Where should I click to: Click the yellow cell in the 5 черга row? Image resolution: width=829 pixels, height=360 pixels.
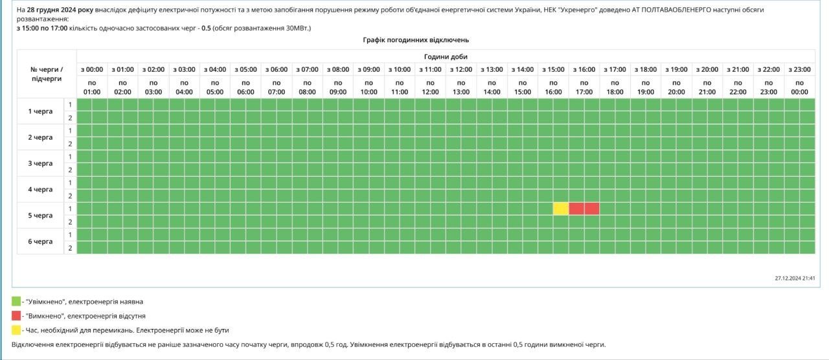(561, 208)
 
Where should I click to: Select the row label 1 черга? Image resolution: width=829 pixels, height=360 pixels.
(40, 111)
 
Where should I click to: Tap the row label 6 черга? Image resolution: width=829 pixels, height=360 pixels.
(40, 241)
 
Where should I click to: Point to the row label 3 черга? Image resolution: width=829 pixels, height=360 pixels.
(40, 163)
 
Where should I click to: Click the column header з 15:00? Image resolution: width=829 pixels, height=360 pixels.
(553, 69)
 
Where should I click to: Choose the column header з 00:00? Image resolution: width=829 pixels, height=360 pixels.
(92, 69)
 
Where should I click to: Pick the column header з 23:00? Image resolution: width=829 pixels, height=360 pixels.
(799, 69)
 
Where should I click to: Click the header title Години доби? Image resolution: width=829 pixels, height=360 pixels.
(446, 57)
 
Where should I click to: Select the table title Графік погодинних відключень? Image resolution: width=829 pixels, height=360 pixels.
(416, 40)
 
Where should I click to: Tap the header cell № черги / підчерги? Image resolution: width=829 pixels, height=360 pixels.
(47, 74)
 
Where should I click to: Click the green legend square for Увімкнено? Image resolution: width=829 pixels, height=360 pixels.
(16, 302)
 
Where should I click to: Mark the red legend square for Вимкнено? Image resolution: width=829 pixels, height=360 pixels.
(16, 316)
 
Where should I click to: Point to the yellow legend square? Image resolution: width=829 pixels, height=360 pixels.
(16, 330)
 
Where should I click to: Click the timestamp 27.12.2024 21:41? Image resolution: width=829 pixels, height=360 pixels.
(795, 278)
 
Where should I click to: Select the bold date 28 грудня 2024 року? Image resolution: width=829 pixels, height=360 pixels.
(60, 10)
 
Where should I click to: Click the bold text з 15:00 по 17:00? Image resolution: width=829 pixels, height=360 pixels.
(41, 28)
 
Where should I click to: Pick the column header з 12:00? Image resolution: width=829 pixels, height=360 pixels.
(461, 69)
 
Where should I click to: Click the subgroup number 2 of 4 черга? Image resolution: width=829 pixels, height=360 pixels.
(70, 196)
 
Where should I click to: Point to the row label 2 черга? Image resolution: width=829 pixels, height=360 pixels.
(40, 137)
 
